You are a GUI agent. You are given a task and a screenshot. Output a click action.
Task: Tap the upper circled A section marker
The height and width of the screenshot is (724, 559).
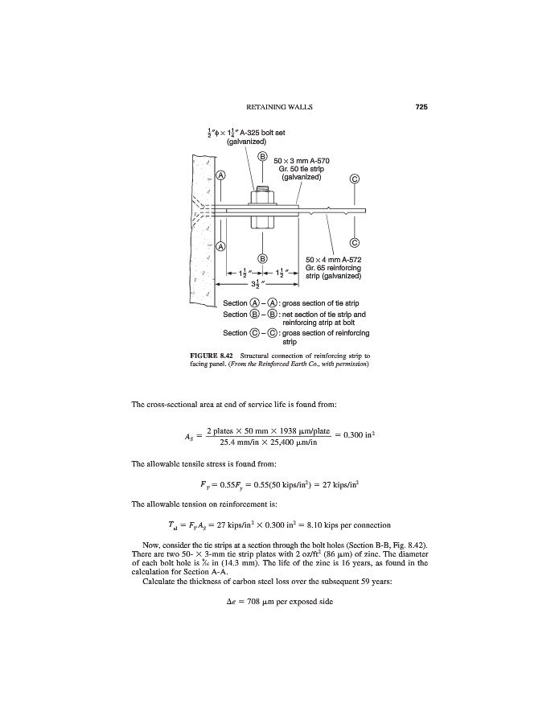coord(220,175)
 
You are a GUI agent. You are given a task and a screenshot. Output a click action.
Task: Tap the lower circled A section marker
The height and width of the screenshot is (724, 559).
coord(220,245)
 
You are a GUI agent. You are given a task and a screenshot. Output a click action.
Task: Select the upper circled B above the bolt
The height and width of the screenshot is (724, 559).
coord(262,155)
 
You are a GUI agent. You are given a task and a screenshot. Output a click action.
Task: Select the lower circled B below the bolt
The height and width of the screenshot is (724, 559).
coord(262,257)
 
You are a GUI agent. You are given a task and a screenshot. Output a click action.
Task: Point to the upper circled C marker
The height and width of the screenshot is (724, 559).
coord(355,179)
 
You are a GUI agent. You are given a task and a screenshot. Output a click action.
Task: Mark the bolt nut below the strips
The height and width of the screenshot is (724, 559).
coord(262,221)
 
